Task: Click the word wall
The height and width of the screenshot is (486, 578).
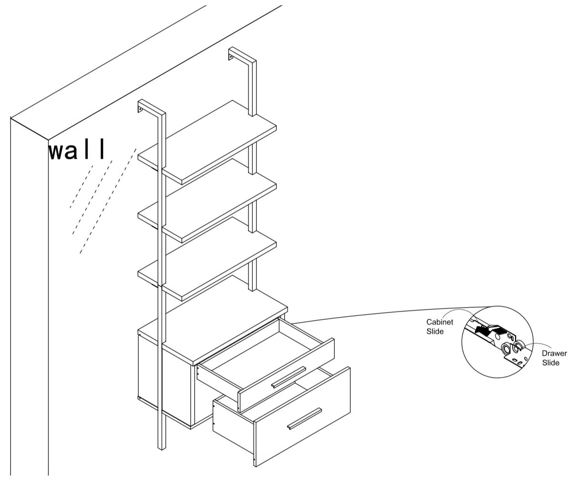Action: [77, 150]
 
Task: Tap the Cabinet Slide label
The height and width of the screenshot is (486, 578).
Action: [439, 326]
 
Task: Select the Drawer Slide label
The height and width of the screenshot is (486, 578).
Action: [554, 358]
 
